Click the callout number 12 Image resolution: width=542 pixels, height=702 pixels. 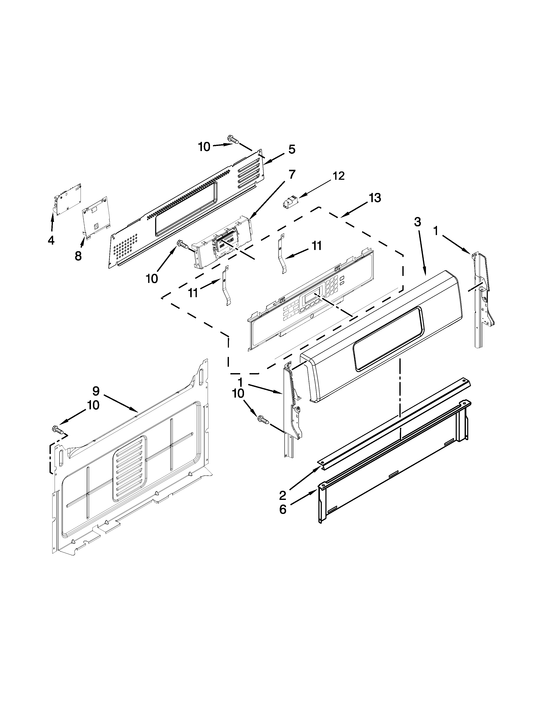338,176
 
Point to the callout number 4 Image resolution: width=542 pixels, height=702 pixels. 51,240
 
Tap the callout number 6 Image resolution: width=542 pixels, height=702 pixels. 282,510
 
